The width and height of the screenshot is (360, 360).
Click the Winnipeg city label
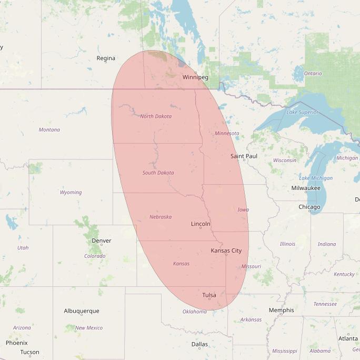tap(195, 77)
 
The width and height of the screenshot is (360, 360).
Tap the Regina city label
tap(106, 58)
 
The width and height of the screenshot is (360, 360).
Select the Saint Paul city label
tap(244, 156)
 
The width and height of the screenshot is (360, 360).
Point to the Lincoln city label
tap(201, 224)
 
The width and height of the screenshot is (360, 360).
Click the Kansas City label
tap(226, 251)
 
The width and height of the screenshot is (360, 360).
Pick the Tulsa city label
tap(209, 295)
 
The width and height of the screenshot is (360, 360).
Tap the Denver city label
tap(102, 241)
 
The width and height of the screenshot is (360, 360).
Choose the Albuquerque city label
tap(82, 311)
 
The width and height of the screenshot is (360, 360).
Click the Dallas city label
tap(199, 344)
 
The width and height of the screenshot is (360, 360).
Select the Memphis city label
tap(281, 310)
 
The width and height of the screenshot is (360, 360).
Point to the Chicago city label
tap(309, 207)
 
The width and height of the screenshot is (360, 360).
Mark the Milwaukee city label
tap(306, 188)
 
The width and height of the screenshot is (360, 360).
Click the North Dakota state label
tap(156, 116)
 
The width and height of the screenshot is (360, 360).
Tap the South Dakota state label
tap(158, 173)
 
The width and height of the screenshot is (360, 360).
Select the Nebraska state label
tap(160, 217)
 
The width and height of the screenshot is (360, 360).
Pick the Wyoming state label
tap(71, 193)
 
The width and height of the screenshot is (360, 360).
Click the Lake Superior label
tap(302, 112)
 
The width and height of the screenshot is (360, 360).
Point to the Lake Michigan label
tap(316, 178)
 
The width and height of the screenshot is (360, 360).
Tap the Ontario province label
tap(313, 74)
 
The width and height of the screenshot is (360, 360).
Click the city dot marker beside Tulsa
tap(209, 299)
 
